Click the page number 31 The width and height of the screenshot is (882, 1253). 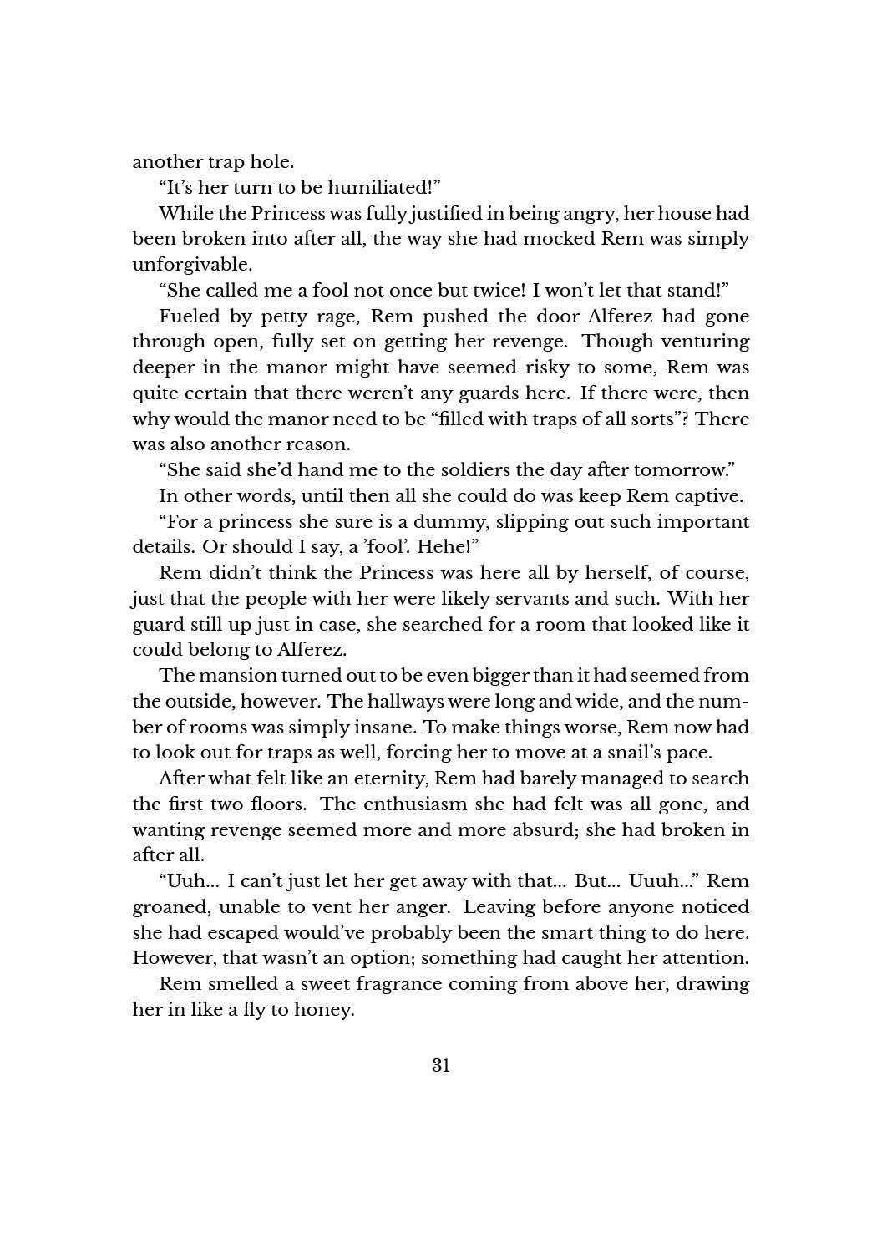[x=441, y=1065]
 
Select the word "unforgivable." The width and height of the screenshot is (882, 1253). [x=180, y=265]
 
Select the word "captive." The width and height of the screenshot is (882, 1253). [x=706, y=496]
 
